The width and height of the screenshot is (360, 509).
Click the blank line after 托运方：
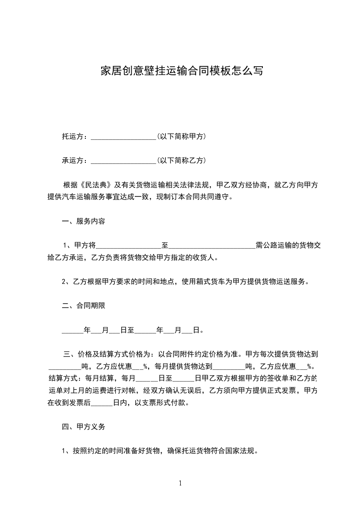tap(123, 137)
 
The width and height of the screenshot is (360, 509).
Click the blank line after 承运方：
tap(123, 161)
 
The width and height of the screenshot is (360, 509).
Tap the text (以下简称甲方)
tap(182, 136)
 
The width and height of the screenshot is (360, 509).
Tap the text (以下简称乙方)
tap(182, 160)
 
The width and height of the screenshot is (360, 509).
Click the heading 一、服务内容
tap(84, 222)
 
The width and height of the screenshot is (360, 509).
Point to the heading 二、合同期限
tap(84, 306)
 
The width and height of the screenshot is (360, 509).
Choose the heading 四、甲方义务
tap(84, 427)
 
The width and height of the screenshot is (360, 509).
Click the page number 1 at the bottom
tap(180, 483)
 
